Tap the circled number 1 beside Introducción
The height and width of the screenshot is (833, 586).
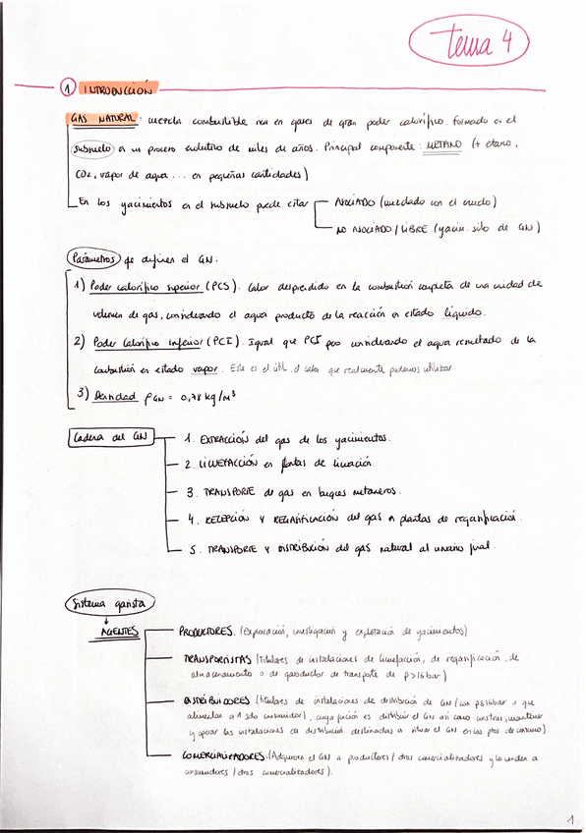[67, 88]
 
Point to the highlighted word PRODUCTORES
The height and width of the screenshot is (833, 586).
[205, 631]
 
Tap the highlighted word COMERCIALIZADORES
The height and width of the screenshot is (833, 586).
[217, 758]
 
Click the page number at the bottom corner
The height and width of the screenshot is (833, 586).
[568, 818]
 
